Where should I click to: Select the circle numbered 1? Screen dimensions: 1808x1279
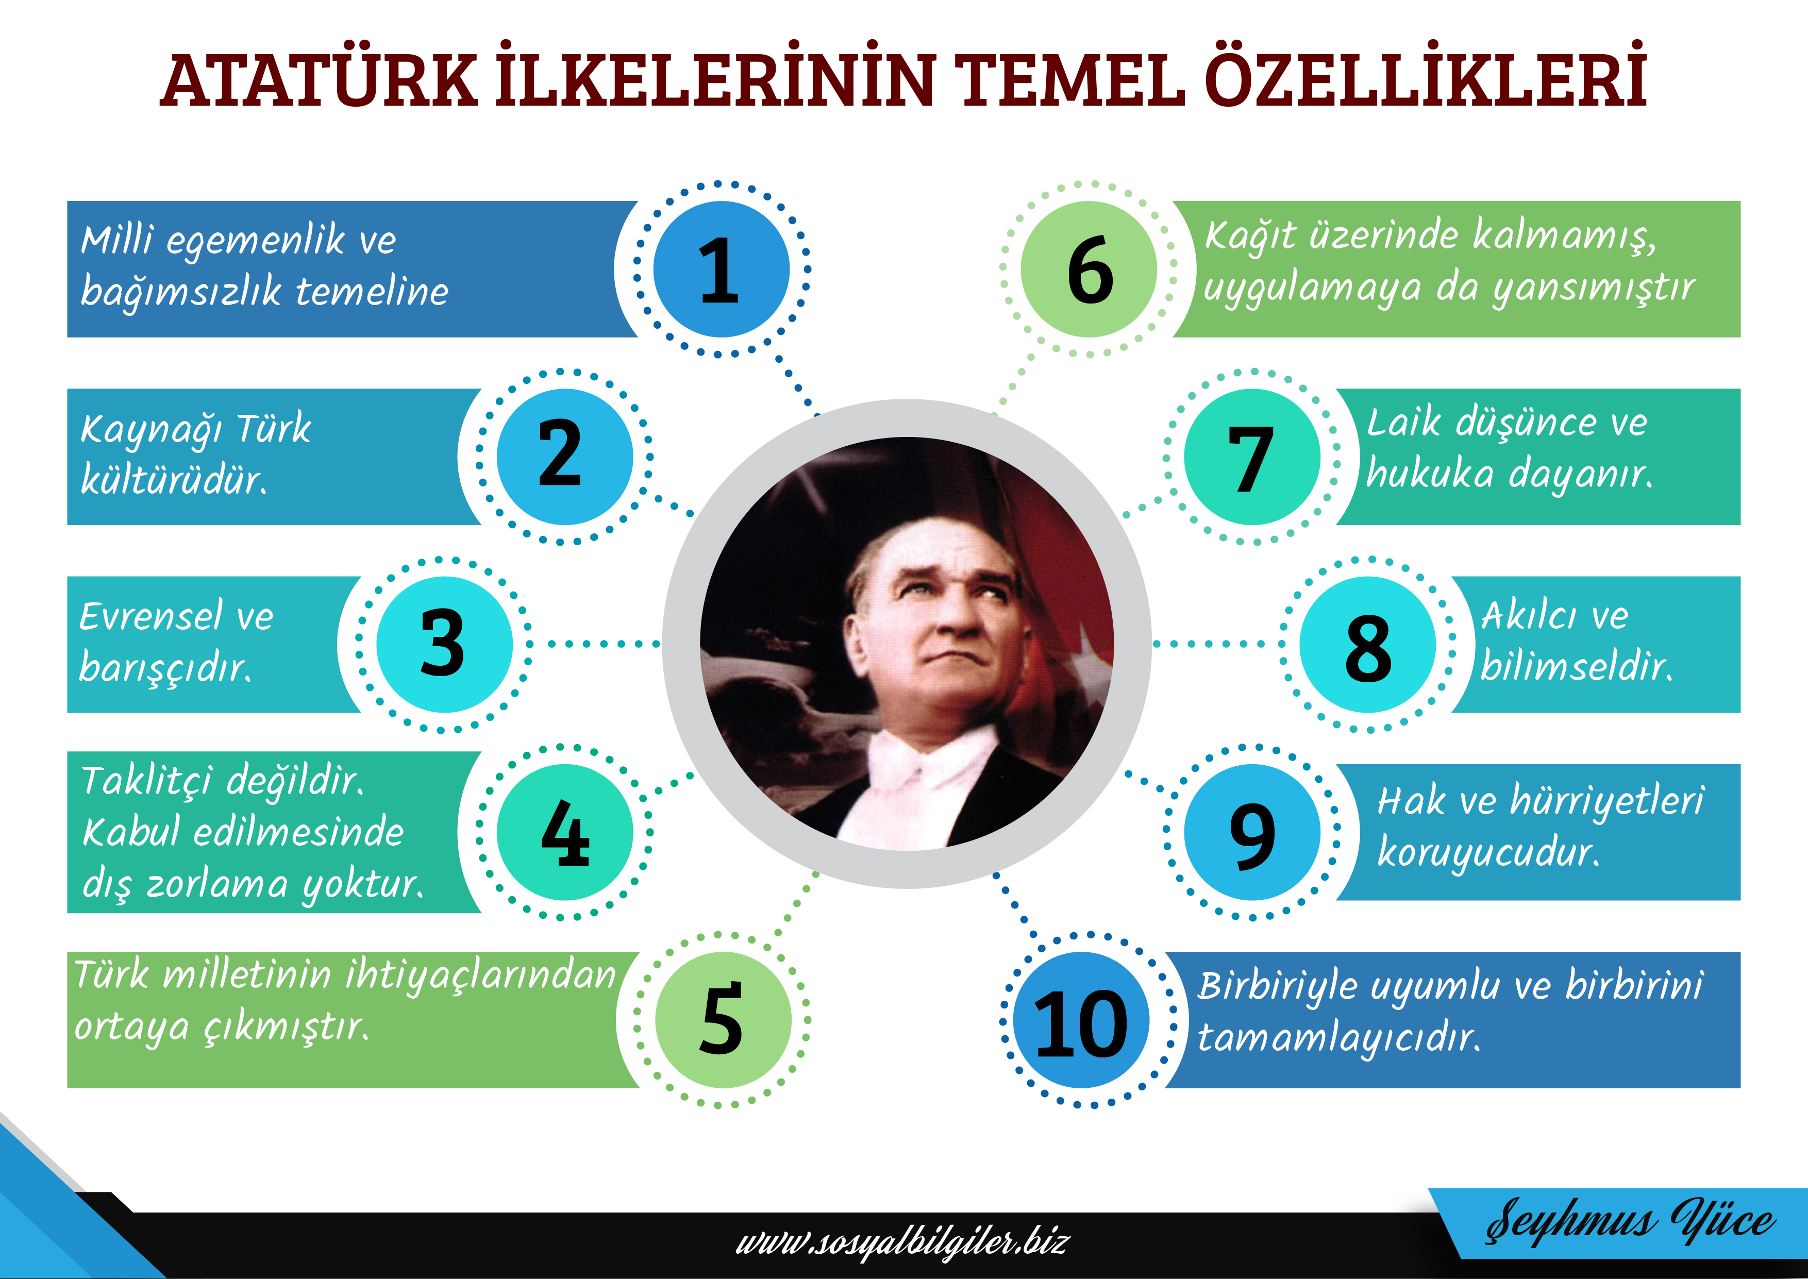(722, 270)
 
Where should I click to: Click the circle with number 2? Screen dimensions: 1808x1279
(564, 457)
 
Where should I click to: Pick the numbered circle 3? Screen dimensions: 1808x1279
(444, 644)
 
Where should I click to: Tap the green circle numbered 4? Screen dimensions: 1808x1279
(564, 832)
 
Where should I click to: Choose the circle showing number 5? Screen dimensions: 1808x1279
(723, 1020)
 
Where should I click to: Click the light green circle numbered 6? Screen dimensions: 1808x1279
(1089, 270)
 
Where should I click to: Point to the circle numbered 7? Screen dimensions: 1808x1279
(1252, 457)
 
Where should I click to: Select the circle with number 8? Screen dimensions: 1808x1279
(1368, 644)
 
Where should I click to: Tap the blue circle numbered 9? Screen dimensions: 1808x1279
(1252, 832)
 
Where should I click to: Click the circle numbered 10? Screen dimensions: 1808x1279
(1081, 1020)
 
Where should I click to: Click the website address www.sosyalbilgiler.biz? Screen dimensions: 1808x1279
(902, 1243)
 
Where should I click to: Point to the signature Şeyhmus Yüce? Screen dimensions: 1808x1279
(1630, 1221)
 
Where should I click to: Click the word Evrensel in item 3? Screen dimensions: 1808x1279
(150, 616)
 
